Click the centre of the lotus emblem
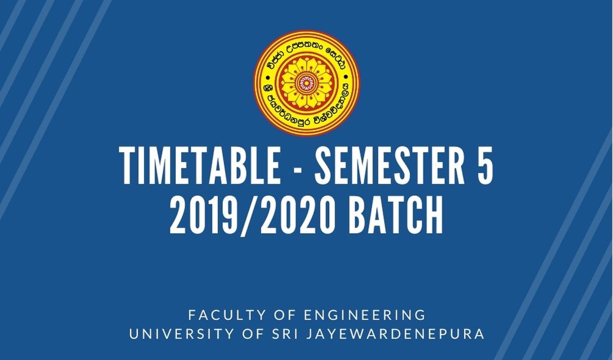pos(306,83)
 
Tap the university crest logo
pos(306,83)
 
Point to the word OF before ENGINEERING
pos(277,315)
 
